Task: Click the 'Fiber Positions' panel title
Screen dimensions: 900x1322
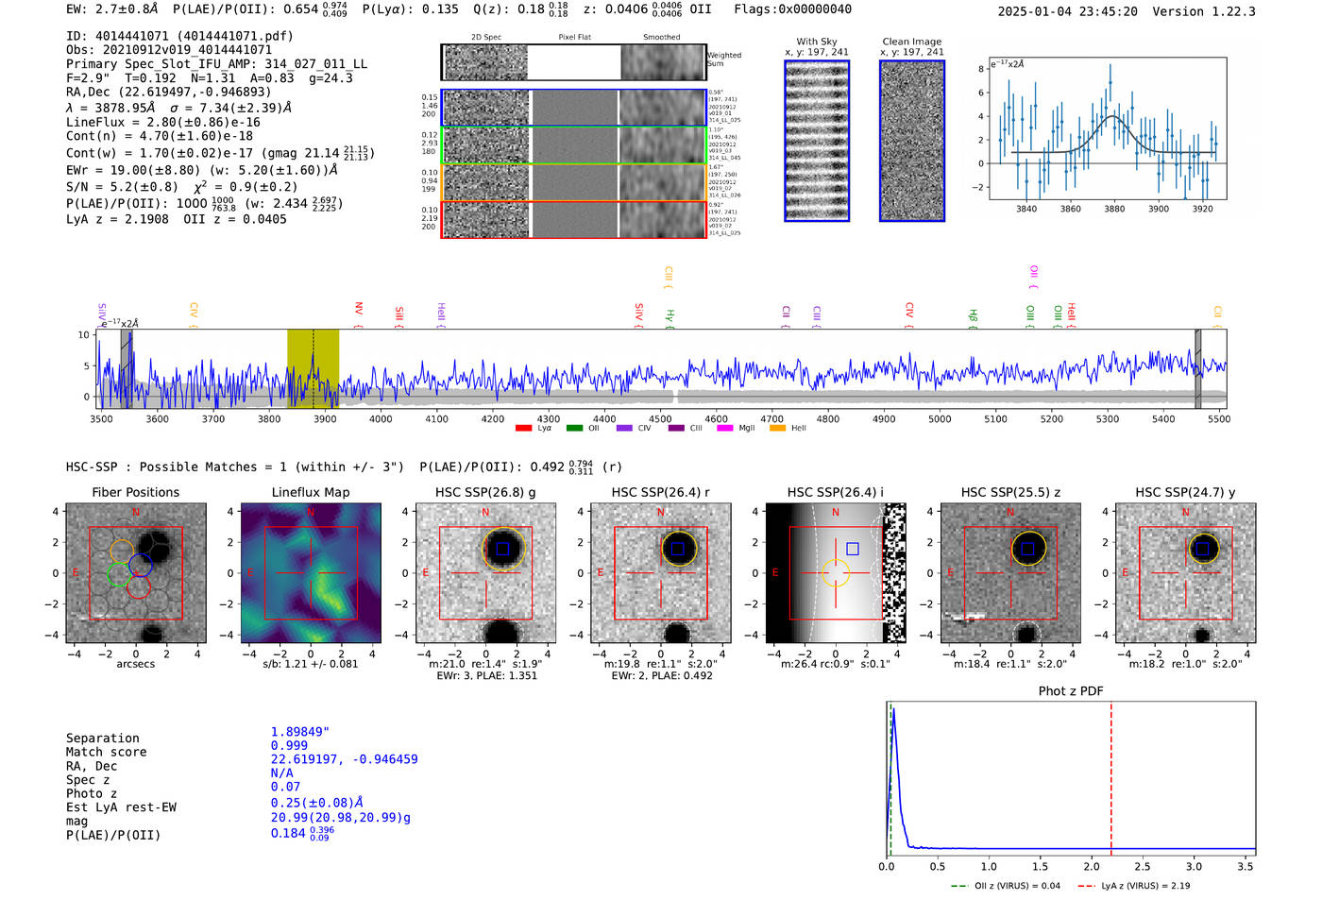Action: click(135, 492)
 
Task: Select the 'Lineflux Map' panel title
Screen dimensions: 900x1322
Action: click(310, 492)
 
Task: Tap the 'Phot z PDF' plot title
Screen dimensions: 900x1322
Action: click(1071, 691)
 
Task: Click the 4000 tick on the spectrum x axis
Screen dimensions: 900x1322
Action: click(381, 419)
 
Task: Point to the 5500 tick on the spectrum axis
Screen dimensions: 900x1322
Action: click(1219, 419)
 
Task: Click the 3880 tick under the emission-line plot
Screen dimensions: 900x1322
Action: click(1114, 209)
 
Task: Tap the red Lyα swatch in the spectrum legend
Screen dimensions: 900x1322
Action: click(524, 429)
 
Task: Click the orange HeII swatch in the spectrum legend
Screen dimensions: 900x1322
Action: click(778, 429)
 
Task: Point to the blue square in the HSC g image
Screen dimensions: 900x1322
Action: click(502, 549)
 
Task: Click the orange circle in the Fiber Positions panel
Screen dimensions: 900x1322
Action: click(122, 551)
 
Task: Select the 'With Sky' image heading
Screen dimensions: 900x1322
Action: click(817, 42)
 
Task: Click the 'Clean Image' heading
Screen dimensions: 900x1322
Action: click(911, 42)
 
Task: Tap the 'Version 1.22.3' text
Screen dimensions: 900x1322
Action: click(1217, 11)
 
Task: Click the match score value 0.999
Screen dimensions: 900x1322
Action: click(289, 745)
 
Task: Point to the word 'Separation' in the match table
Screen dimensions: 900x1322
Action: click(102, 739)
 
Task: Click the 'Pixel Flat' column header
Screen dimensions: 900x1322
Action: click(574, 38)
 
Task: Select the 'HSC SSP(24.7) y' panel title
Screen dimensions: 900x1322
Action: click(1185, 492)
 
